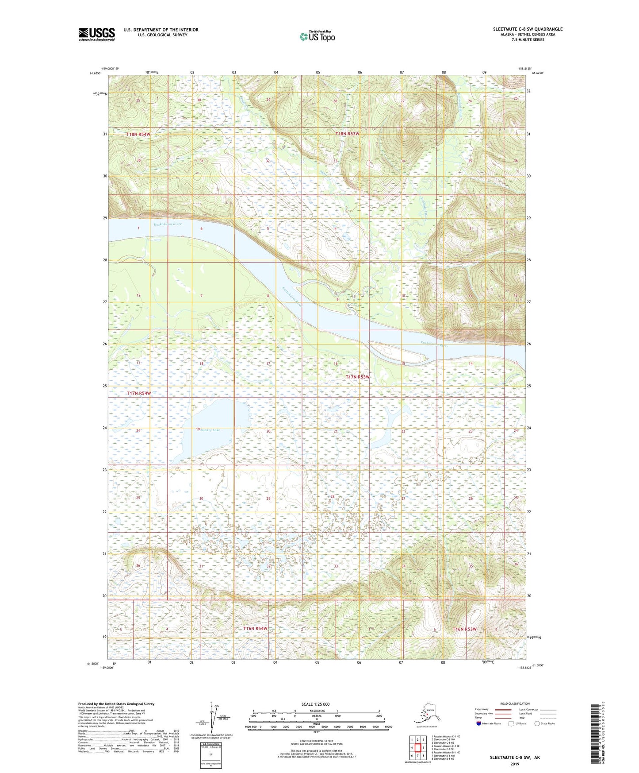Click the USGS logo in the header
click(97, 34)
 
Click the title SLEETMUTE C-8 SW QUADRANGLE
click(528, 29)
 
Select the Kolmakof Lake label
click(207, 430)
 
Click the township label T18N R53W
click(347, 134)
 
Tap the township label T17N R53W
click(357, 377)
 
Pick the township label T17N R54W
click(139, 393)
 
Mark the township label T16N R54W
click(255, 629)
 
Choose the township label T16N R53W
click(464, 629)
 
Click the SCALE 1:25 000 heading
click(316, 704)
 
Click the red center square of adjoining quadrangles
click(417, 748)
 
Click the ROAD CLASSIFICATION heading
click(515, 703)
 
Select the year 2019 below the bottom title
click(514, 764)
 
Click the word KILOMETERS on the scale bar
click(316, 711)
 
